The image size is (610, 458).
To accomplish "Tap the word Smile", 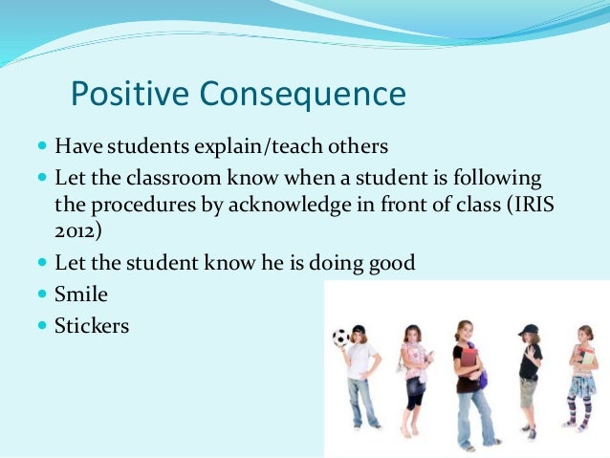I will coord(81,294).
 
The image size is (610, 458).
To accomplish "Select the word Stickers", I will coord(92,326).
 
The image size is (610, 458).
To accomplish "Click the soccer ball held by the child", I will coord(340,337).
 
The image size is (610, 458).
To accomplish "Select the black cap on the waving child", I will coord(528,330).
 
